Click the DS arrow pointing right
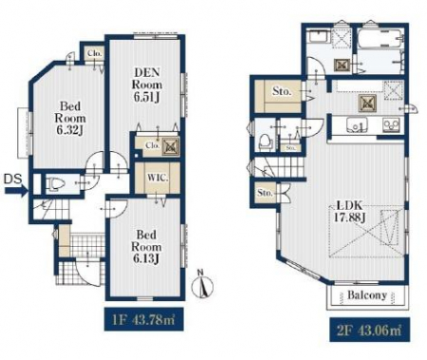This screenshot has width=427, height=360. click(16, 191)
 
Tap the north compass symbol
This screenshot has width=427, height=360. click(202, 284)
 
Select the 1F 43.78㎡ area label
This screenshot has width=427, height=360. click(144, 319)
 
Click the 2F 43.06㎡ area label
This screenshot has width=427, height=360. click(369, 331)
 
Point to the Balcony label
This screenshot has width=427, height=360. click(367, 295)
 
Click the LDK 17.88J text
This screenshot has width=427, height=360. click(350, 212)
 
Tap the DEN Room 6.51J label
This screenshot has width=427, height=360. click(147, 85)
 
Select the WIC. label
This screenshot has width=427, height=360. click(158, 178)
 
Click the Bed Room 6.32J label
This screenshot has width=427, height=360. click(70, 118)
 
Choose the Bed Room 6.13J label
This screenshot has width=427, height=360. click(146, 247)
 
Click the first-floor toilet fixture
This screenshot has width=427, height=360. click(55, 184)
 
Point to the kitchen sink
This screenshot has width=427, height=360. click(357, 123)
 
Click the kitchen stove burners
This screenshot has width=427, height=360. click(391, 124)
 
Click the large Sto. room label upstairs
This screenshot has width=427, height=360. click(282, 91)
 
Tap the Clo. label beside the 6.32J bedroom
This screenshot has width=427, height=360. click(95, 53)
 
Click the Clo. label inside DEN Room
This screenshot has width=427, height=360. click(153, 145)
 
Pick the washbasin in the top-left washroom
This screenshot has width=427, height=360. click(320, 36)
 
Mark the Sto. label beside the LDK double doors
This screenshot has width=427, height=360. click(265, 193)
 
